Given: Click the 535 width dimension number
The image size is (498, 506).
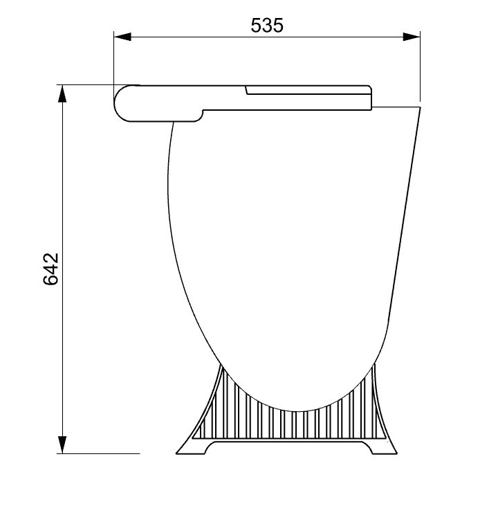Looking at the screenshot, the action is tap(267, 26).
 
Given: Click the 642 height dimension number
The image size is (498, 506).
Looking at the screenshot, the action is tap(50, 269).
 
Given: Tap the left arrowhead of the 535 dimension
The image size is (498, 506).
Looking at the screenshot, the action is tap(122, 37).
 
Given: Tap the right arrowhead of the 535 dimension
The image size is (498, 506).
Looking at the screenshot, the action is tap(412, 37).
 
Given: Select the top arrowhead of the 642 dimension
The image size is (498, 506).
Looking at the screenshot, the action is tap(62, 93).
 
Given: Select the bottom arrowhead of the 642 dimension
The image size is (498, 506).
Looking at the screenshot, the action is tap(62, 445).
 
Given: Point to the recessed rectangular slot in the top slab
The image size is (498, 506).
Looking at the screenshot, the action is tap(308, 90).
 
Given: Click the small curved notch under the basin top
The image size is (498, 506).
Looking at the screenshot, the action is tap(201, 115).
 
